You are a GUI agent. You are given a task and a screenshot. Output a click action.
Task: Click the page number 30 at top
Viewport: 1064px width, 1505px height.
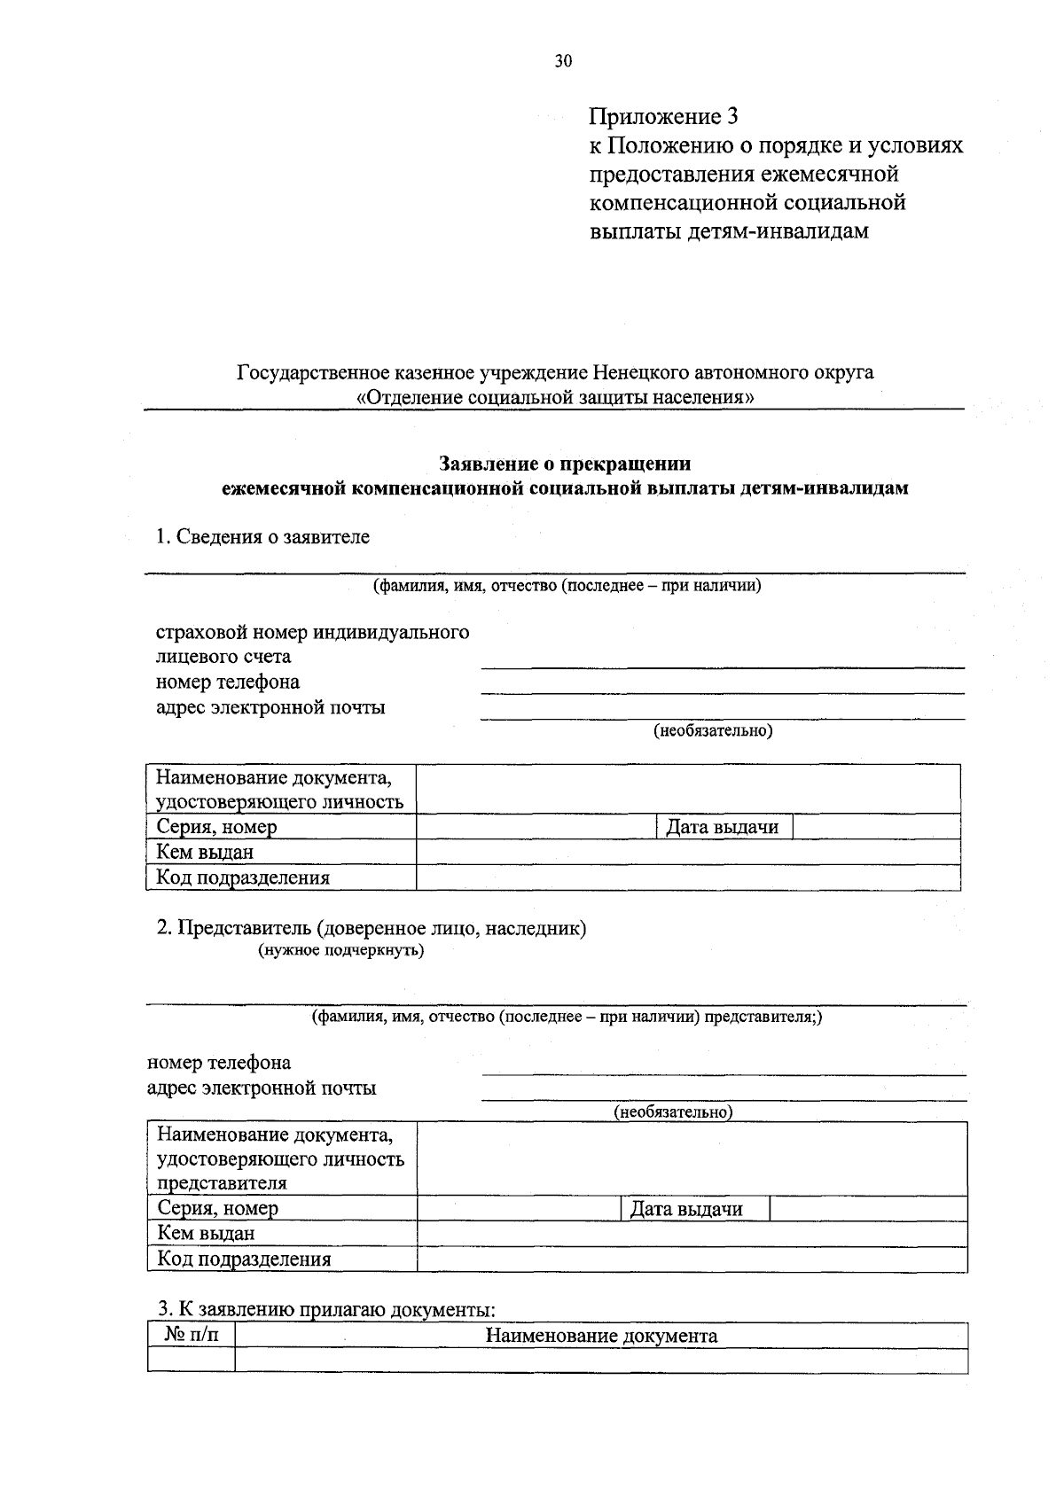(564, 61)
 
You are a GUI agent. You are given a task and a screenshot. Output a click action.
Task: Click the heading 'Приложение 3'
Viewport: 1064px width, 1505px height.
(663, 116)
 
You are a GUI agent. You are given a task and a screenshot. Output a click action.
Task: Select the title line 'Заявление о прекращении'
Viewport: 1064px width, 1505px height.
(566, 464)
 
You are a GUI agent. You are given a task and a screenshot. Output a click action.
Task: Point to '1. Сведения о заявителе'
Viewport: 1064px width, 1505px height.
(262, 536)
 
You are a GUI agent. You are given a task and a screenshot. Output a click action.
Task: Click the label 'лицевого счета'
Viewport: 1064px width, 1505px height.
(223, 658)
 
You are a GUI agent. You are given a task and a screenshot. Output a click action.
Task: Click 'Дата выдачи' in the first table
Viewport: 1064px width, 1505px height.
(723, 827)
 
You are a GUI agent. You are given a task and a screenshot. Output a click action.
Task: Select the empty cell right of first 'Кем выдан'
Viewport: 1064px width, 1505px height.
(688, 853)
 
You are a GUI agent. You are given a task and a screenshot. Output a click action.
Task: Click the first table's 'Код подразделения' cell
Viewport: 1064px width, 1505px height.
(243, 878)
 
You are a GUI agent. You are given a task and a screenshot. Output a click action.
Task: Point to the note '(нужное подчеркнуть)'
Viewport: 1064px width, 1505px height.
(340, 951)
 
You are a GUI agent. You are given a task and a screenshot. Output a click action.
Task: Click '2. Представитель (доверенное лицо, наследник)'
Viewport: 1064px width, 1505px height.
(372, 928)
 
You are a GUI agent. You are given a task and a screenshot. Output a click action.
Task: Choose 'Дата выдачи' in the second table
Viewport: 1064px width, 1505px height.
(686, 1209)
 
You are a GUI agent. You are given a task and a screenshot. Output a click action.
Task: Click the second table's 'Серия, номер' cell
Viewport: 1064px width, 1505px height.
(217, 1208)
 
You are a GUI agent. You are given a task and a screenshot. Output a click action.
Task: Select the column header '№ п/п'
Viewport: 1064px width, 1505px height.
(190, 1335)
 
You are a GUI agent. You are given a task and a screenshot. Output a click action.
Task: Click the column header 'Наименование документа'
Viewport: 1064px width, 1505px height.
(601, 1336)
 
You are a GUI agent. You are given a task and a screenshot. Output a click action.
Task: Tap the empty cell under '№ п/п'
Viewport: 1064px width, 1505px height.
(191, 1360)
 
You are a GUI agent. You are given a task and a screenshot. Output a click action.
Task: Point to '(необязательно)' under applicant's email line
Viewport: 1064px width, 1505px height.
(713, 731)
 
